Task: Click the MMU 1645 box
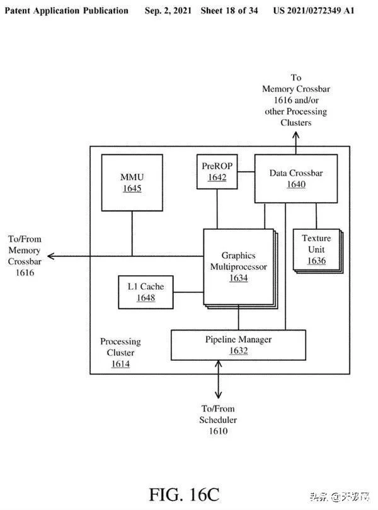coord(132,183)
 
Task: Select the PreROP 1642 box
coord(217,171)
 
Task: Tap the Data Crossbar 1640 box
coord(295,179)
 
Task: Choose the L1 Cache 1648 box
coord(146,292)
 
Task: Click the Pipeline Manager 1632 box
coord(238,345)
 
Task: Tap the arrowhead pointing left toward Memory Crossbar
coord(51,256)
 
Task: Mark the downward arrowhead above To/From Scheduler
coord(218,395)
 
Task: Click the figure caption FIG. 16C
coord(184,494)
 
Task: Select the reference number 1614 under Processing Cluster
coord(120,364)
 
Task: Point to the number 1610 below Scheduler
coord(218,431)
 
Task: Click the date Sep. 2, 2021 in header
coord(168,11)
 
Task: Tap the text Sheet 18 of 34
coord(229,11)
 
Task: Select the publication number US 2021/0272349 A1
coord(314,11)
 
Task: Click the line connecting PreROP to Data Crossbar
coord(246,171)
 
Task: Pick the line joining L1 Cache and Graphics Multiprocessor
coord(188,292)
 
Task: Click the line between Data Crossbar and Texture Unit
coord(316,216)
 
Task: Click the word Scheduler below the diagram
coord(218,419)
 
